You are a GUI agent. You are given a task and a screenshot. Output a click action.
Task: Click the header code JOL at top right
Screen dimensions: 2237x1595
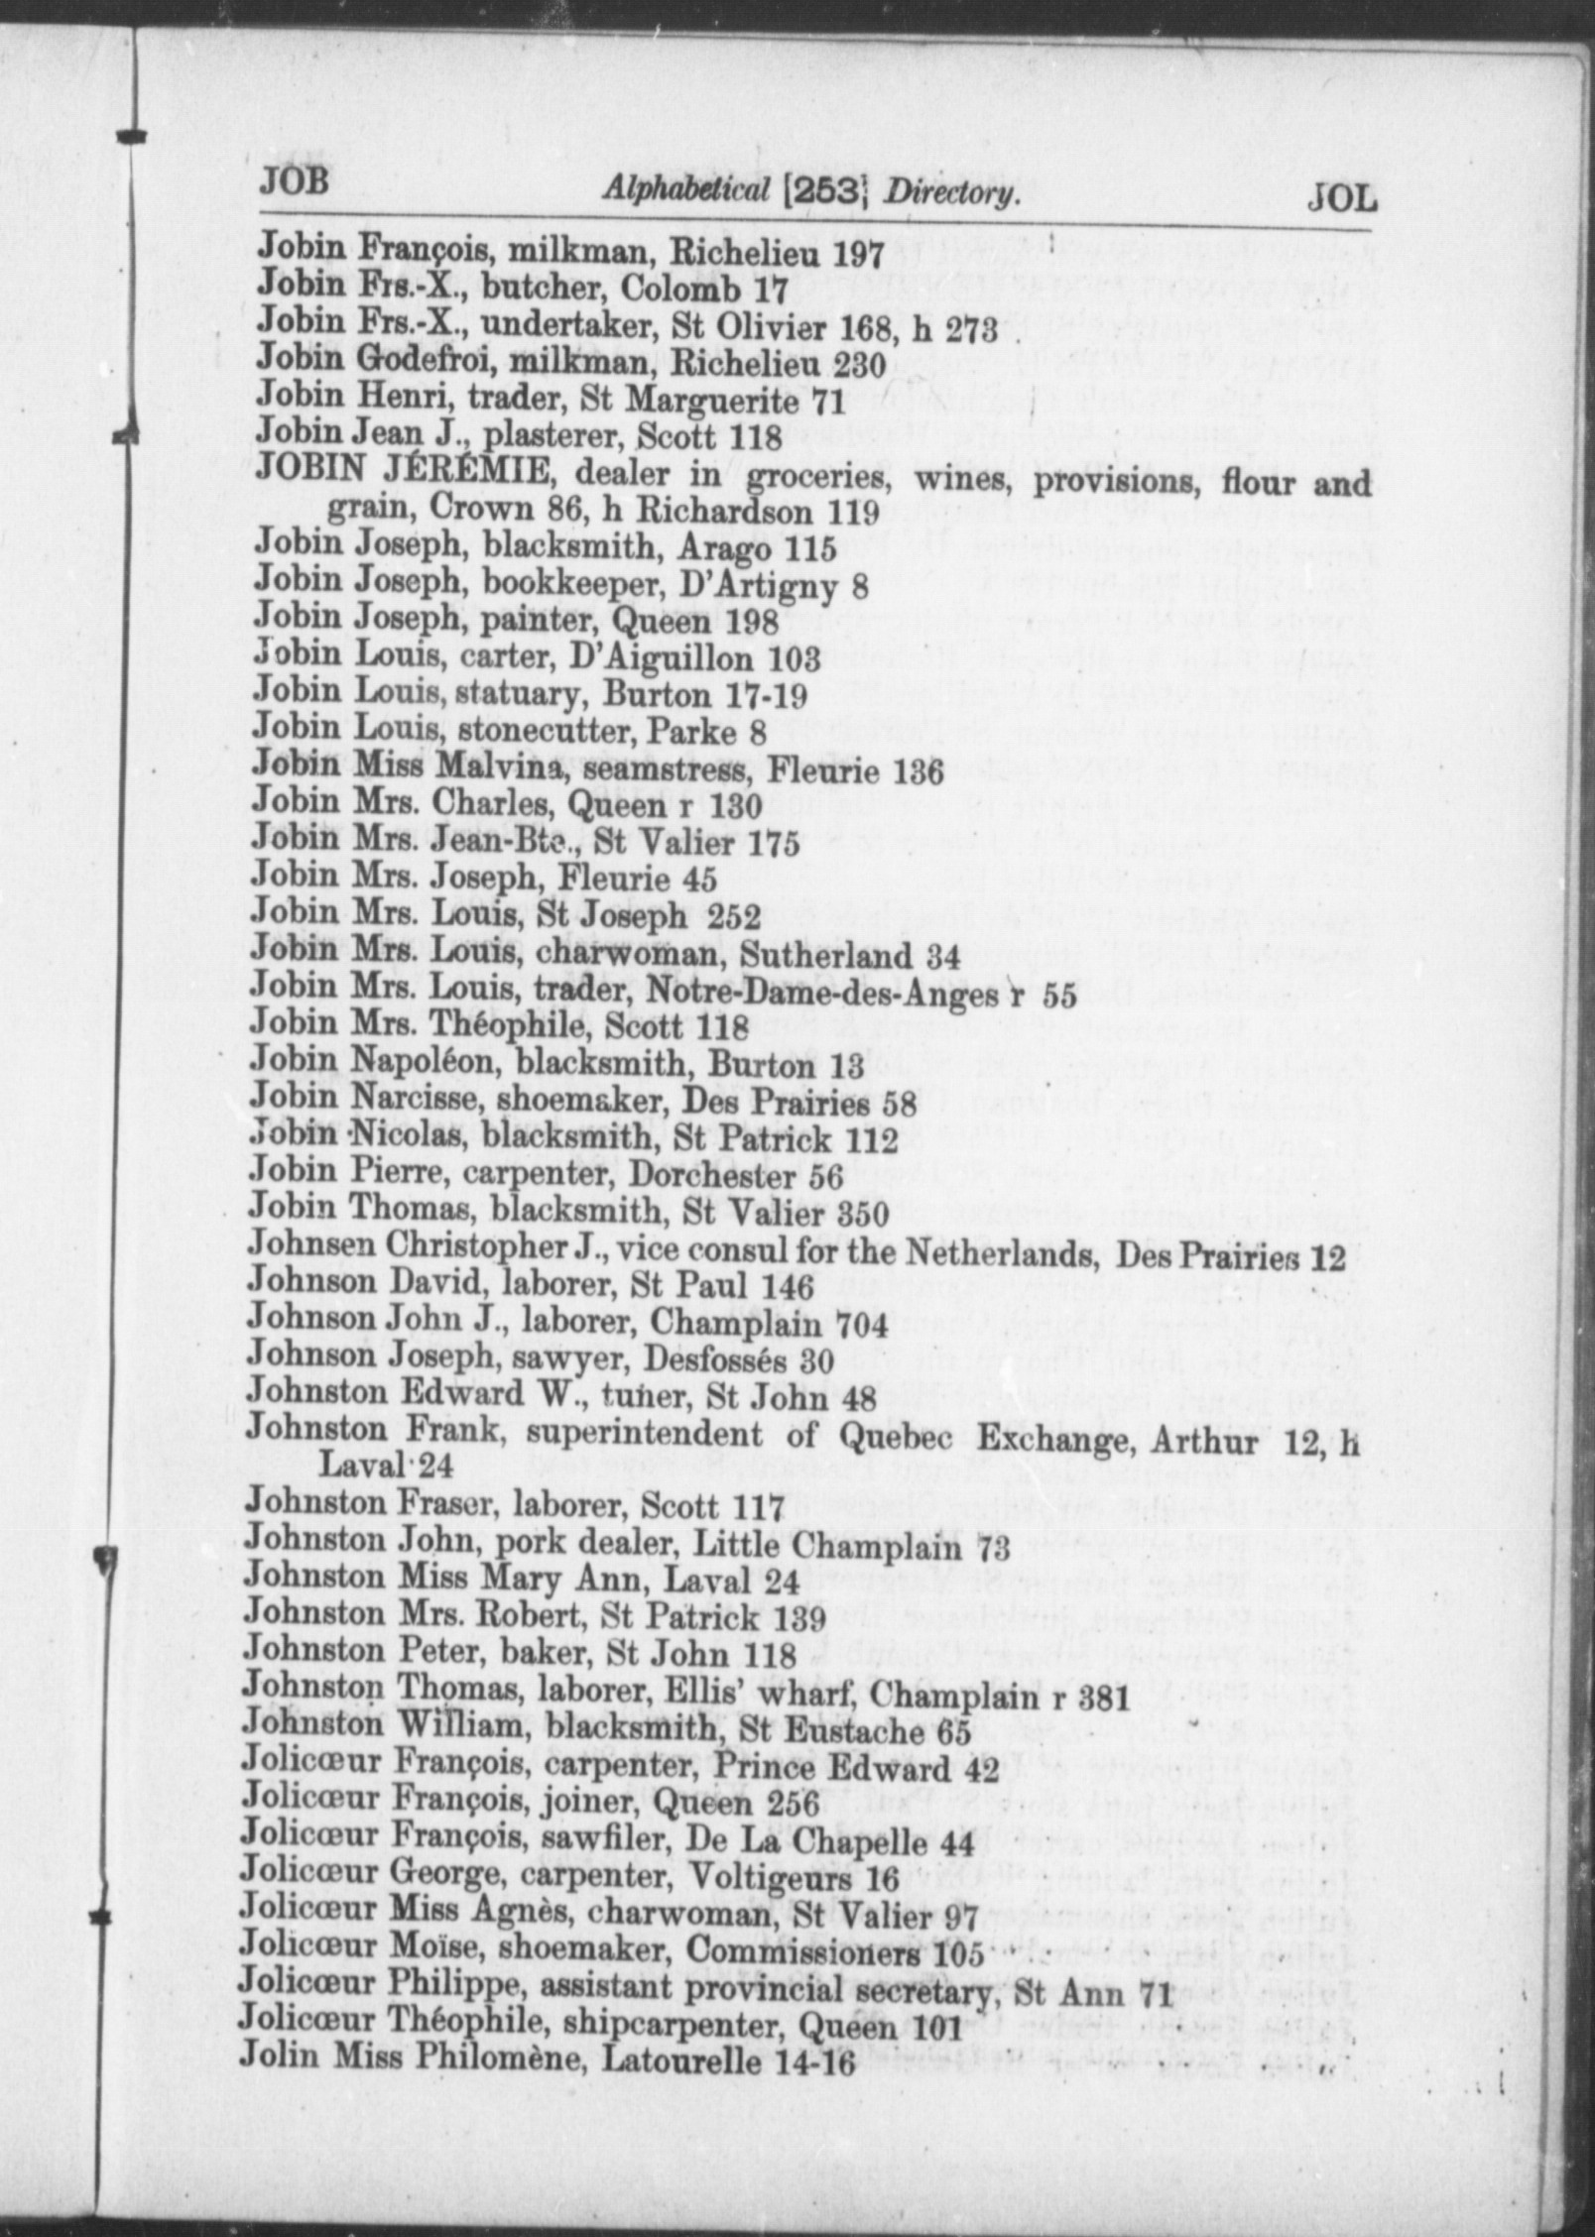tap(1341, 199)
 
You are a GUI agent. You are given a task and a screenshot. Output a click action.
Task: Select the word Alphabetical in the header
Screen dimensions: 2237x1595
tap(683, 191)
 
